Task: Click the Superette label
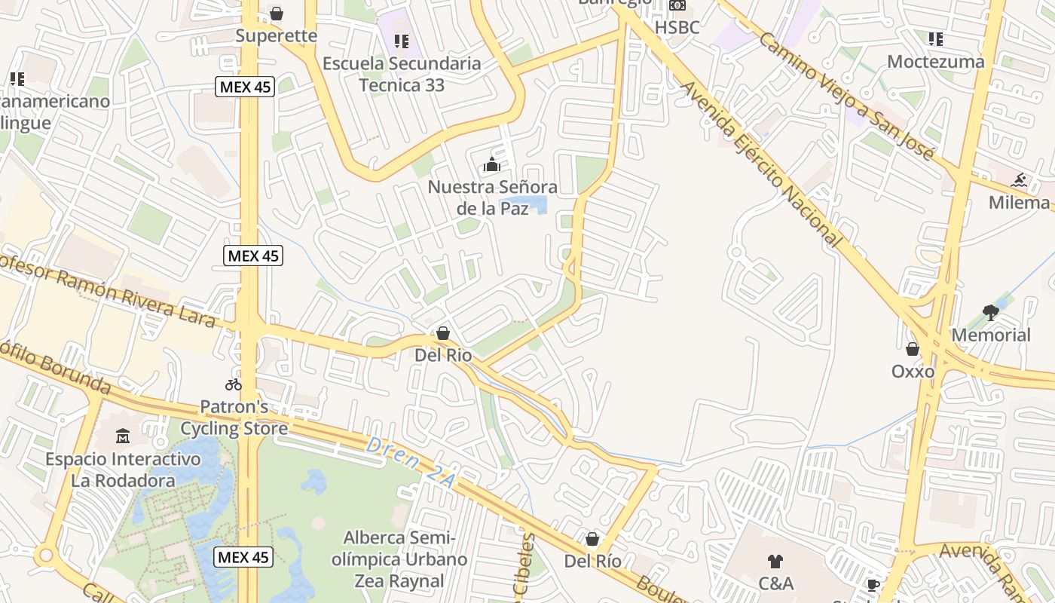pyautogui.click(x=276, y=36)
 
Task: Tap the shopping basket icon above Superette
pyautogui.click(x=277, y=14)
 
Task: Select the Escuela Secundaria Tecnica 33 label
pyautogui.click(x=402, y=74)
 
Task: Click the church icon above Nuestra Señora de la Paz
pyautogui.click(x=492, y=164)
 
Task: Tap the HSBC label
pyautogui.click(x=677, y=27)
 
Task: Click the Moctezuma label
pyautogui.click(x=936, y=62)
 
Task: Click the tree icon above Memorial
pyautogui.click(x=991, y=312)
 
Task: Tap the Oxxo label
pyautogui.click(x=913, y=372)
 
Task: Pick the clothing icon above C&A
pyautogui.click(x=775, y=561)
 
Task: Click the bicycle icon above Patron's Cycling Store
pyautogui.click(x=234, y=384)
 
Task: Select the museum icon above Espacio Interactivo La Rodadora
pyautogui.click(x=123, y=436)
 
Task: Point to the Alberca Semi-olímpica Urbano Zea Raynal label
pyautogui.click(x=405, y=559)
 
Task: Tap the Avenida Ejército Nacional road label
pyautogui.click(x=760, y=164)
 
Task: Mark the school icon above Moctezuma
pyautogui.click(x=936, y=39)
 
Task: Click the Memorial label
pyautogui.click(x=991, y=335)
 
